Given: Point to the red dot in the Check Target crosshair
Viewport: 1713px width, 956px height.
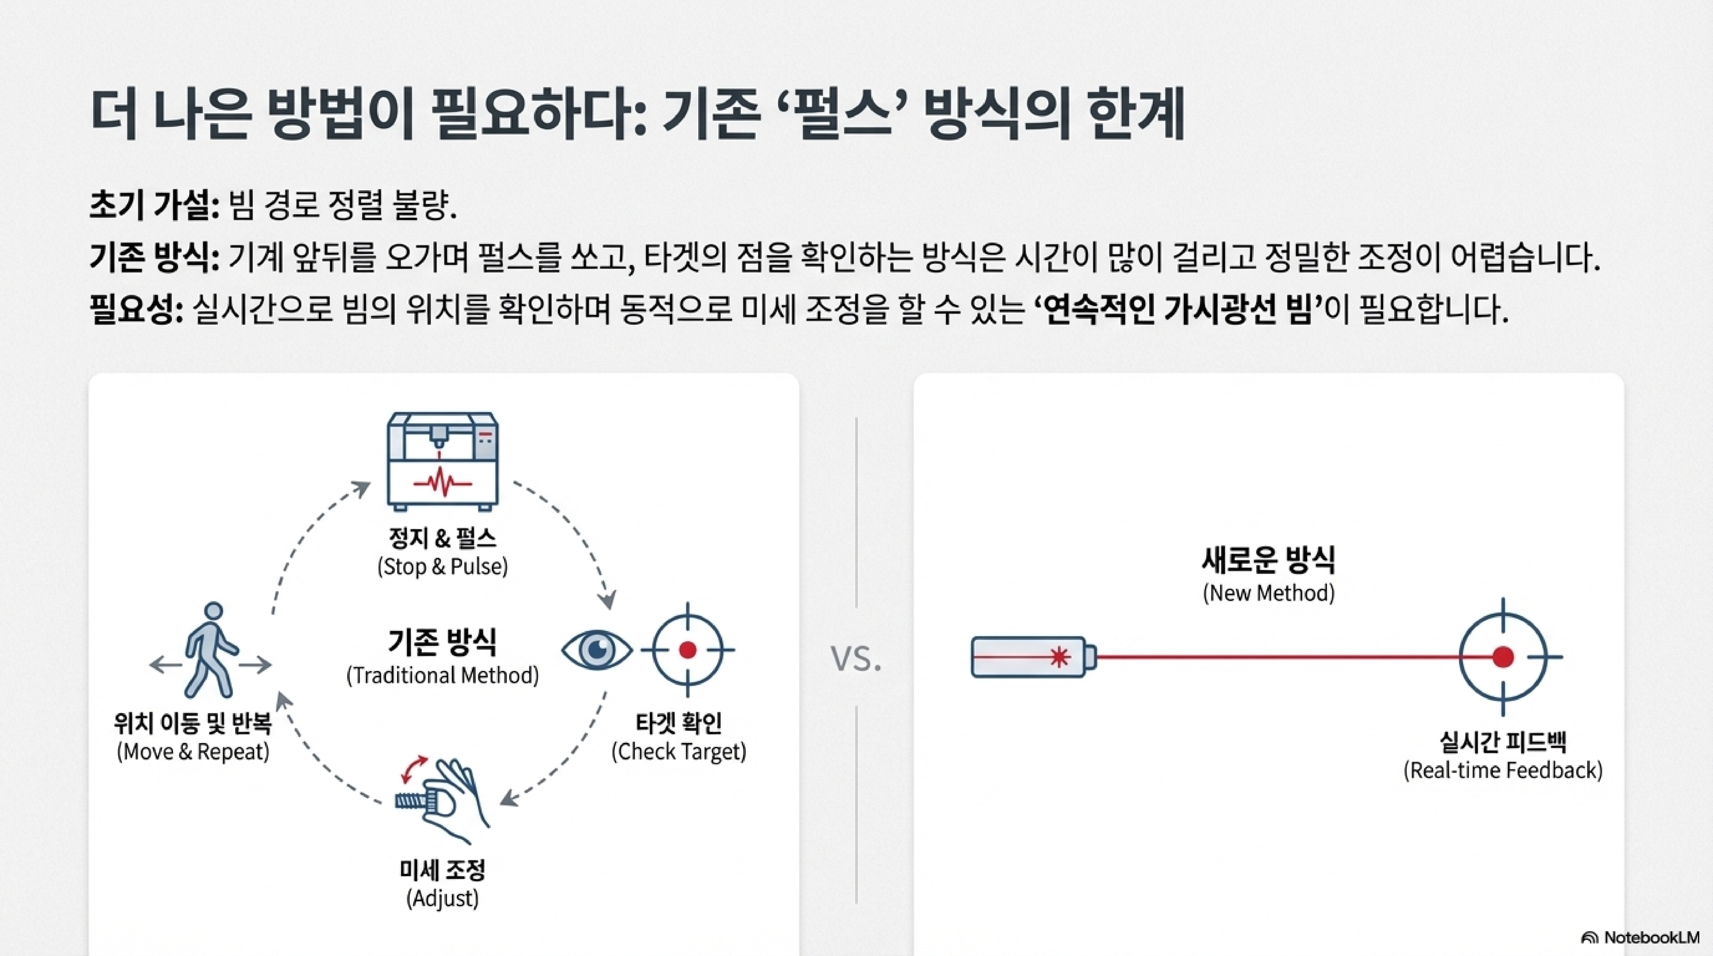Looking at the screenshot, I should click(688, 649).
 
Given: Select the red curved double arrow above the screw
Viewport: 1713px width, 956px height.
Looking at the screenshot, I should click(414, 768).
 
